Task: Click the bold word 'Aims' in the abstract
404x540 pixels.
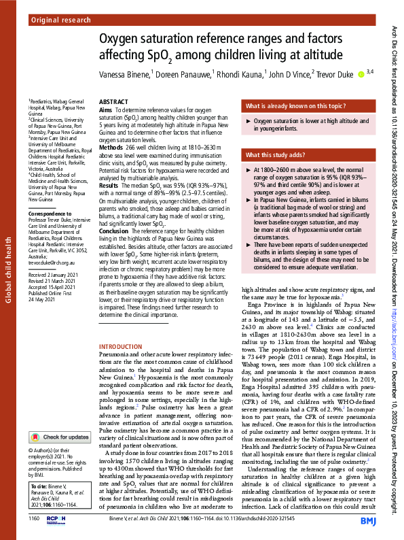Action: pyautogui.click(x=106, y=109)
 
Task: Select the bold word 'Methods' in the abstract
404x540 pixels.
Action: pyautogui.click(x=111, y=146)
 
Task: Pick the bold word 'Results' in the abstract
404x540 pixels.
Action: pyautogui.click(x=109, y=184)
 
